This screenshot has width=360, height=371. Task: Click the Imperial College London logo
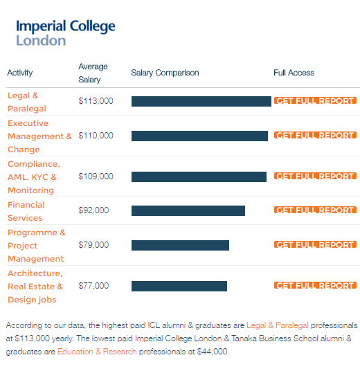[66, 33]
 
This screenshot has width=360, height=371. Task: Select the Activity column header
[20, 73]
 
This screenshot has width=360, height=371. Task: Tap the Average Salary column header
[93, 73]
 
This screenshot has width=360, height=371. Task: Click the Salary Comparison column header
[165, 73]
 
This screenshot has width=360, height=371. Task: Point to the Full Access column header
[294, 73]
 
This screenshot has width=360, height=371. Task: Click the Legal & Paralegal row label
[27, 102]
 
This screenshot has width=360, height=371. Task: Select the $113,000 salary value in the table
[96, 101]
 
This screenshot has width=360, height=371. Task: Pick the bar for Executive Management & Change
[199, 136]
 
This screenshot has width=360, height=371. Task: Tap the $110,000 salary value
[96, 136]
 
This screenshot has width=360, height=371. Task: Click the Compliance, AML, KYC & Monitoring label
[34, 177]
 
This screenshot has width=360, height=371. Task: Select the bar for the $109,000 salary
[199, 177]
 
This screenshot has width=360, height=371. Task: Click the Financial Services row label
[26, 211]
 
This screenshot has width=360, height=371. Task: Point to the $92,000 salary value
[93, 210]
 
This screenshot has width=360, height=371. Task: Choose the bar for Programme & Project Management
[180, 245]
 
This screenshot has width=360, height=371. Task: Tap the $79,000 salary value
[93, 245]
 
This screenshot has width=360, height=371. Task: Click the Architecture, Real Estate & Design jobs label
[35, 287]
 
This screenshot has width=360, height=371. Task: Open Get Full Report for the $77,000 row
[315, 285]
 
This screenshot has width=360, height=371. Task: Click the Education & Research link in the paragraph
[97, 352]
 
